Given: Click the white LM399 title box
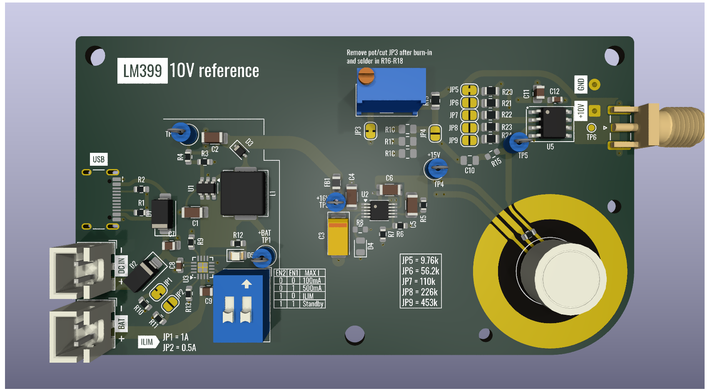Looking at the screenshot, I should click(x=142, y=71).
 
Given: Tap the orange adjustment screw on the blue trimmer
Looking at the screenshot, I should click(x=366, y=76).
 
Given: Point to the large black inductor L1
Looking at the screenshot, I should click(x=244, y=193).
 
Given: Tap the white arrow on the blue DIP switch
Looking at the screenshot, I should click(x=247, y=284).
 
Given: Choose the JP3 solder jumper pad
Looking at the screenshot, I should click(x=370, y=131).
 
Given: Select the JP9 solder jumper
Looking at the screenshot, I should click(x=469, y=140).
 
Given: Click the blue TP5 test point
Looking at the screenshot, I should click(x=517, y=142).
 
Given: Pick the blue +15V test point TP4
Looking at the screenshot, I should click(x=436, y=169).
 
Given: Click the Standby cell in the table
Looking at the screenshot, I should click(x=313, y=304).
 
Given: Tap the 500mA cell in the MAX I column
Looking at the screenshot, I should click(x=312, y=288).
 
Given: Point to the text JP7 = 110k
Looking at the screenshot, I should click(x=419, y=281).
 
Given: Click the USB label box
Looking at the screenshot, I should click(x=99, y=159).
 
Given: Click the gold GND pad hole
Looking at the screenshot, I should click(x=594, y=85).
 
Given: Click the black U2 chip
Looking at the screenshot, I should click(x=379, y=210).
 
